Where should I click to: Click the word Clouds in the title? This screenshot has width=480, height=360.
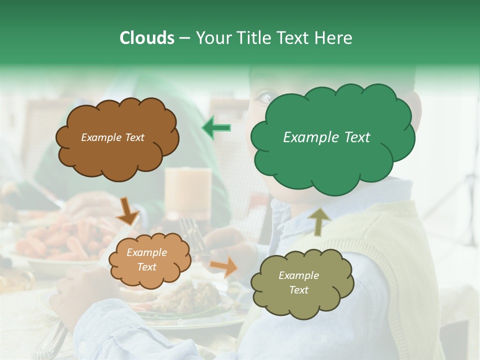point(147,38)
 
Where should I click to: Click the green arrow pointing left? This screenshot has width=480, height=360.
point(216,128)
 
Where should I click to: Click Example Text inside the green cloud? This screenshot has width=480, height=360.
point(326,137)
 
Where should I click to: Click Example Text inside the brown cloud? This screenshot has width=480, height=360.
point(112,137)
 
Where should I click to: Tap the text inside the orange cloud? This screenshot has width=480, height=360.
point(146,260)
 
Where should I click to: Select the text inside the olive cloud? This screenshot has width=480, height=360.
point(298,282)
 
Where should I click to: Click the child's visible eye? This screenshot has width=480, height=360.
point(265,98)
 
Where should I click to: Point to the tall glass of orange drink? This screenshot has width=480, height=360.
point(188,192)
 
